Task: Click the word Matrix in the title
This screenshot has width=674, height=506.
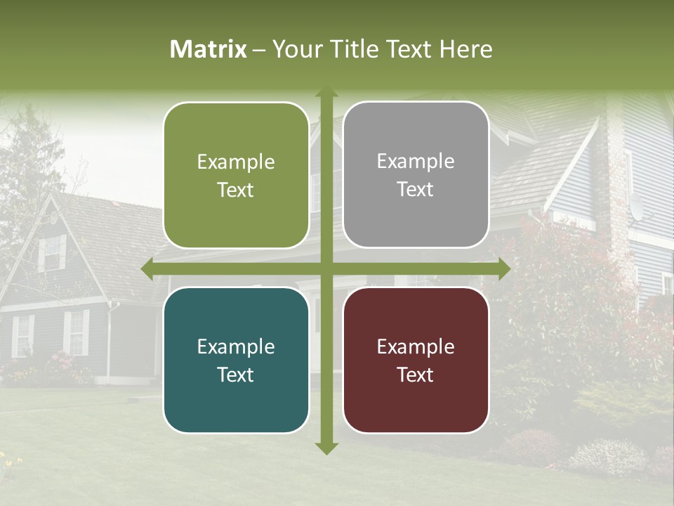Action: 209,49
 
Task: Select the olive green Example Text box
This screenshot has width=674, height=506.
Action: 236,176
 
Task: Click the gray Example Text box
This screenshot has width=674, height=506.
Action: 416,175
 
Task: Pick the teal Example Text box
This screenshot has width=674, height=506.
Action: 236,361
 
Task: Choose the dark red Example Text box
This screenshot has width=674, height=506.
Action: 416,361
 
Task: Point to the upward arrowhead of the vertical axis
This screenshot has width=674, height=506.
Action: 326,93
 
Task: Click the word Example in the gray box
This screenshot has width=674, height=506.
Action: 416,161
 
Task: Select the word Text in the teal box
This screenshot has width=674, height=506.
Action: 236,375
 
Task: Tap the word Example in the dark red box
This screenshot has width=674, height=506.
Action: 416,346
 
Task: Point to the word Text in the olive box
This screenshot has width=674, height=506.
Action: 236,190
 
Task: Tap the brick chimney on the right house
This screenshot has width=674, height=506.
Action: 618,176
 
